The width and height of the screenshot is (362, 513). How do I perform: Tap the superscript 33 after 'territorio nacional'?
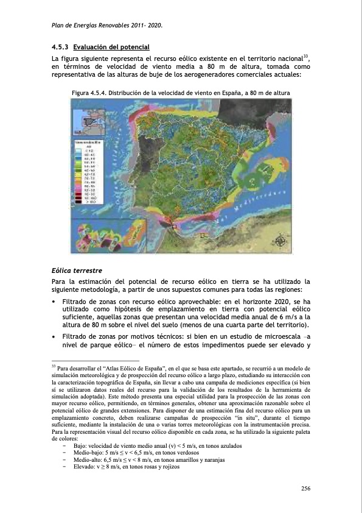307,57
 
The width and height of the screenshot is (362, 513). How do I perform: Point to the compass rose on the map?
279,240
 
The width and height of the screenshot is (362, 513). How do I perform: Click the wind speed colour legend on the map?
85,177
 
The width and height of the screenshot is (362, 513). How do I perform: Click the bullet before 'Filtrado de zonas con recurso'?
55,302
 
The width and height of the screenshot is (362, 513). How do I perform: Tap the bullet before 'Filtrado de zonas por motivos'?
55,337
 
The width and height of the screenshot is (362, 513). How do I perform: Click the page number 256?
307,488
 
